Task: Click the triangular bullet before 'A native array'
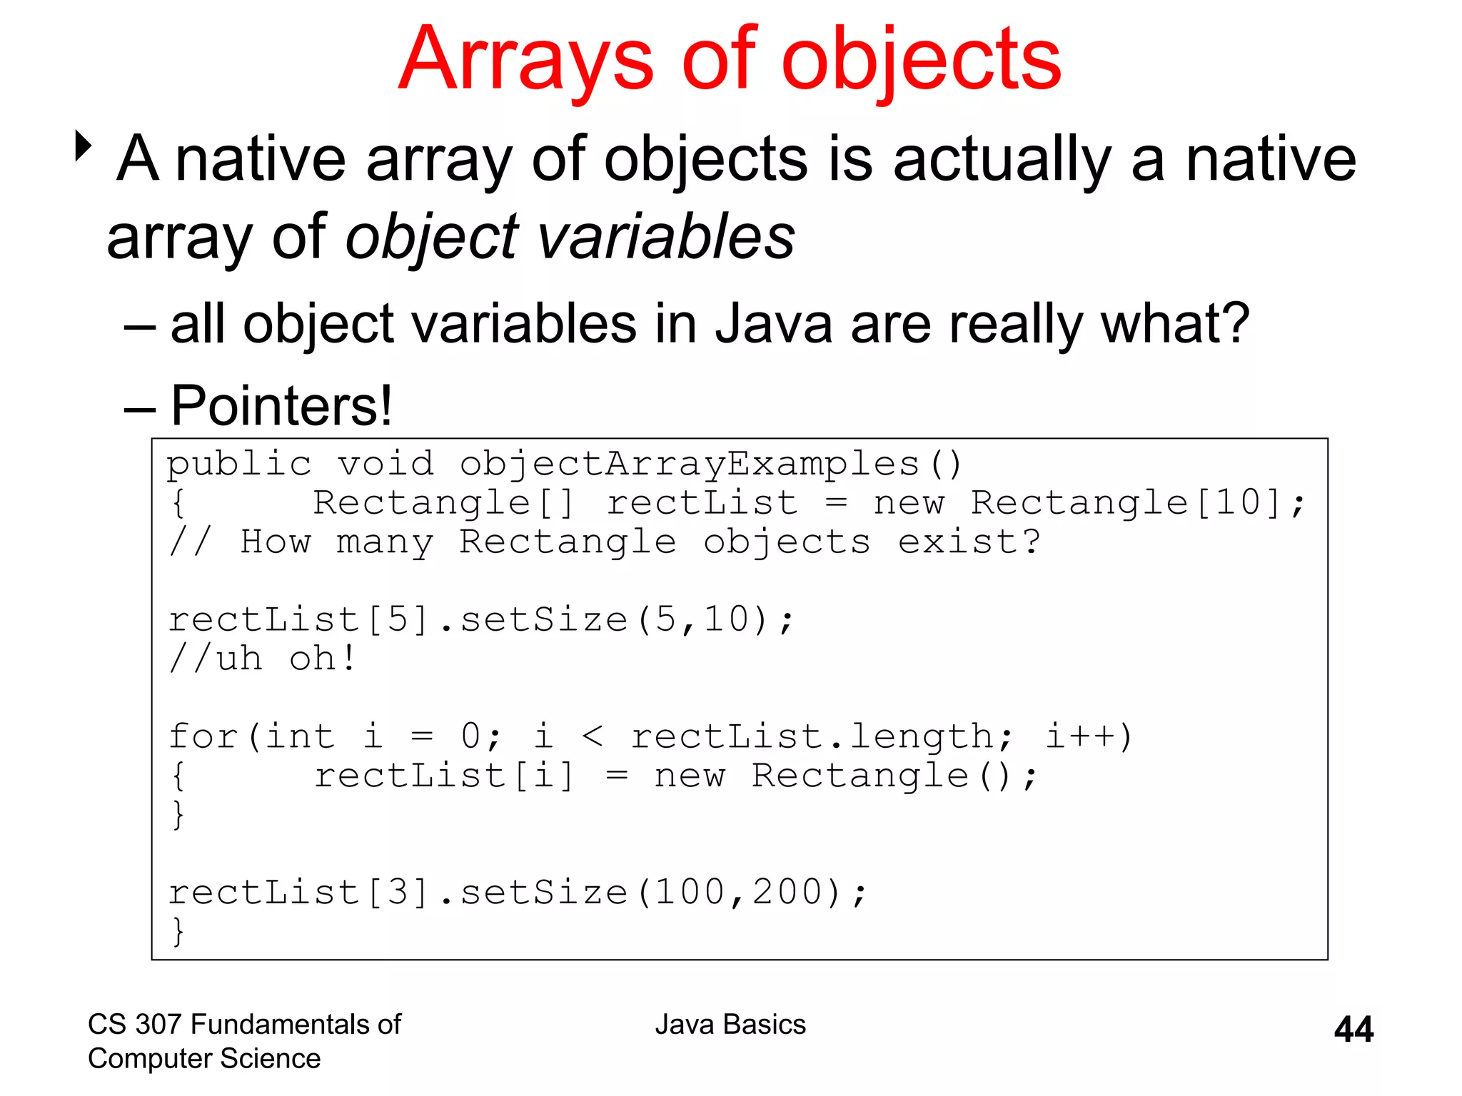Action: (84, 146)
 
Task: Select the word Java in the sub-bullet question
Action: (774, 325)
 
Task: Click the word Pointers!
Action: (281, 406)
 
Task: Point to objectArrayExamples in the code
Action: (690, 465)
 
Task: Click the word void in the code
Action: (385, 465)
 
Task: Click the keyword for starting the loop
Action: (203, 736)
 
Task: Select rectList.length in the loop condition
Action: (822, 736)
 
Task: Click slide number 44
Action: (1353, 1030)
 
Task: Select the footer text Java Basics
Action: (730, 1025)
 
